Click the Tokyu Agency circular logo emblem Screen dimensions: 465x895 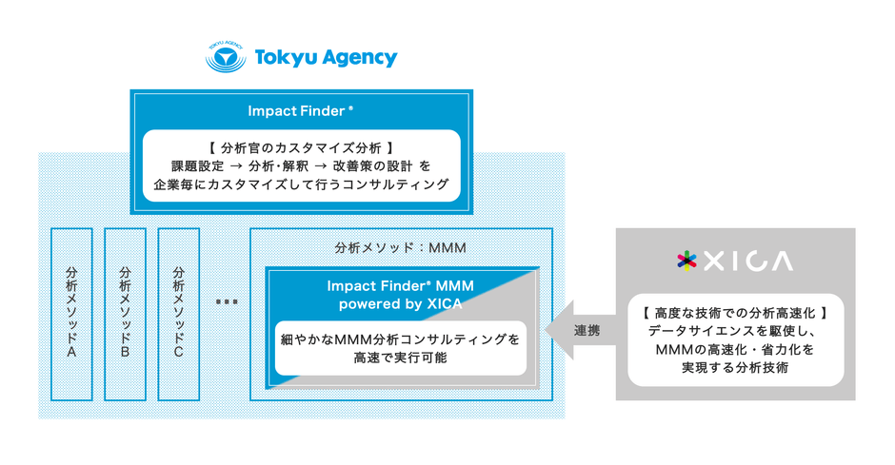click(227, 57)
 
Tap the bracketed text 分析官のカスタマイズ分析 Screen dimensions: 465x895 click(300, 147)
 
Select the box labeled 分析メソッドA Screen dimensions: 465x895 click(71, 313)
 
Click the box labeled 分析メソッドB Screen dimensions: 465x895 click(125, 313)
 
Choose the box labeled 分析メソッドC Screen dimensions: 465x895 click(178, 313)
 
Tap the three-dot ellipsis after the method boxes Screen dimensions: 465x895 click(226, 302)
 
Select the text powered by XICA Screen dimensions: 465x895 click(400, 304)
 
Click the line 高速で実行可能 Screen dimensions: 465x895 click(400, 358)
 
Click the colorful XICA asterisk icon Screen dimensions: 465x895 click(686, 261)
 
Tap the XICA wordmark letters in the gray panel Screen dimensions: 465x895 click(748, 261)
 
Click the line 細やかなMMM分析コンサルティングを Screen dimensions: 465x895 click(400, 339)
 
